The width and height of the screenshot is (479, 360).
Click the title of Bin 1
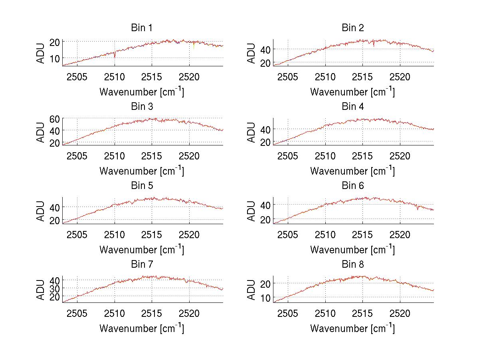(142, 28)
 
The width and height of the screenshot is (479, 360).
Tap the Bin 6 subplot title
(353, 186)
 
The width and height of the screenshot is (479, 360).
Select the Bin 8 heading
(353, 265)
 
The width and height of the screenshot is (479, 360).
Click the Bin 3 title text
(142, 107)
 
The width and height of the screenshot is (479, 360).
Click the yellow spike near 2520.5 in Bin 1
(194, 47)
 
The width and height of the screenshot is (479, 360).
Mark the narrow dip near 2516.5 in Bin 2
(374, 45)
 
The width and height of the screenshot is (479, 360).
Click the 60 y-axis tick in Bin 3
(55, 119)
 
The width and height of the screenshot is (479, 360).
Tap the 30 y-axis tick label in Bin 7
(55, 288)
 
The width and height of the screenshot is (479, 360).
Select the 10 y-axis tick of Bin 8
(265, 298)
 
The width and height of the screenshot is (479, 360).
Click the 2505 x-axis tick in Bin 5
(77, 234)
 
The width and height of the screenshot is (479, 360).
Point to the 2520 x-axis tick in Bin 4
(400, 155)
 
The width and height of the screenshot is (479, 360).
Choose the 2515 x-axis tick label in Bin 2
(362, 77)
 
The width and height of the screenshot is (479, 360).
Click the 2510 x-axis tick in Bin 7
(115, 313)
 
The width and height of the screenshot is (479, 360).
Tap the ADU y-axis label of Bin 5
(41, 211)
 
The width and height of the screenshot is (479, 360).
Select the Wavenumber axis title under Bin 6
(352, 250)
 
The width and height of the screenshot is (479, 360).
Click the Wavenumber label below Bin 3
(142, 171)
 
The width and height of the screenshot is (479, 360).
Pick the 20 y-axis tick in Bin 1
(55, 42)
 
